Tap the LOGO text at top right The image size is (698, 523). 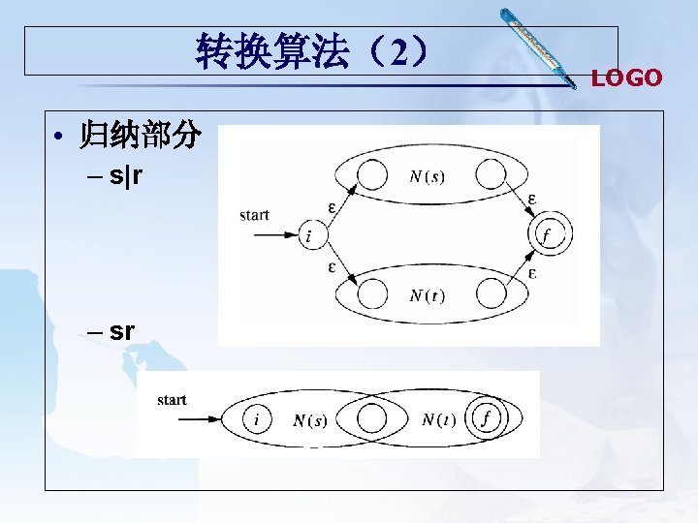click(x=626, y=77)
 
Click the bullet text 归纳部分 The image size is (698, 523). click(x=140, y=137)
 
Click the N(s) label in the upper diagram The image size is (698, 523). click(x=428, y=175)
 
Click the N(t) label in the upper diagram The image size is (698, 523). click(x=428, y=294)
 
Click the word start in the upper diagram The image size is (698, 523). click(x=254, y=215)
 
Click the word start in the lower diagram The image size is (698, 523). click(x=172, y=400)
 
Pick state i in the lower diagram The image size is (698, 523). click(x=257, y=419)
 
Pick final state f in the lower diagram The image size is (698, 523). click(x=486, y=419)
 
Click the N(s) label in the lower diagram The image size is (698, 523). click(x=310, y=420)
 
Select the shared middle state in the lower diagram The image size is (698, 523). click(x=370, y=419)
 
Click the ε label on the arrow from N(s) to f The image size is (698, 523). click(x=533, y=199)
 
